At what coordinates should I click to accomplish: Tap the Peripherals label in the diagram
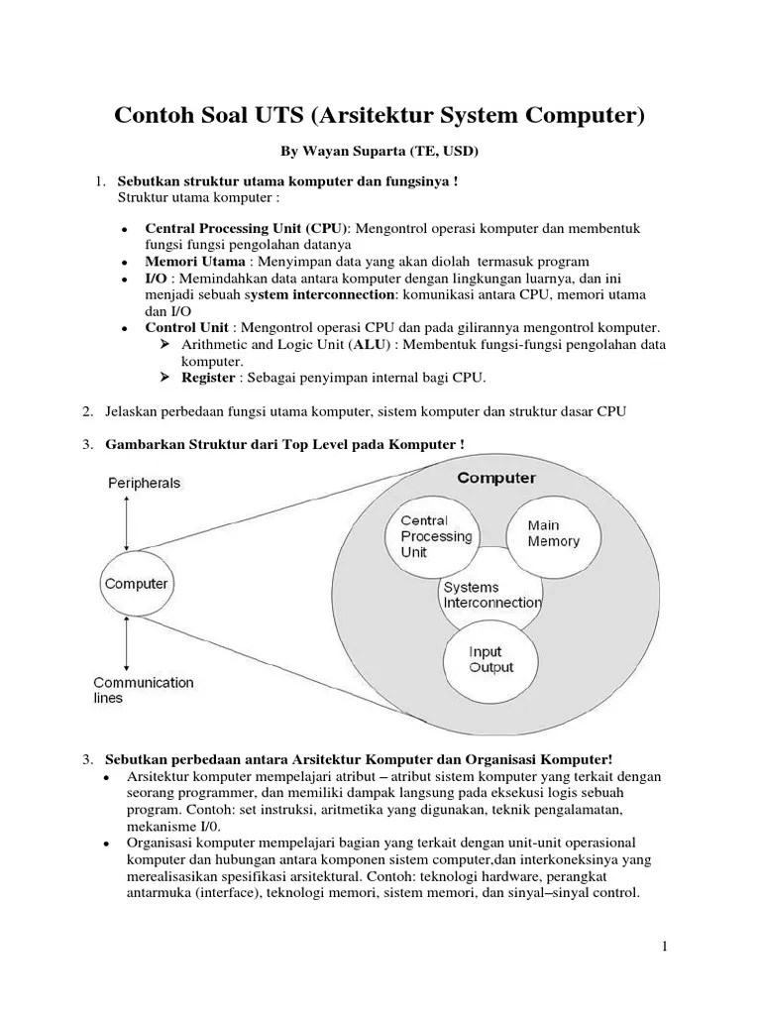click(x=144, y=483)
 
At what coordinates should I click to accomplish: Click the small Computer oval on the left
click(x=136, y=584)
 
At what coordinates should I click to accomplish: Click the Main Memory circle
click(x=555, y=533)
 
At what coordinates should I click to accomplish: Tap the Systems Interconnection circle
click(x=492, y=595)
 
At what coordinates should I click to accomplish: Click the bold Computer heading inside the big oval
click(x=496, y=478)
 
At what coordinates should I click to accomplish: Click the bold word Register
click(x=208, y=378)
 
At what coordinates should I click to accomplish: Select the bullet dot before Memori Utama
click(x=123, y=264)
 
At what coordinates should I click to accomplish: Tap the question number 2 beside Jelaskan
click(x=87, y=411)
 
